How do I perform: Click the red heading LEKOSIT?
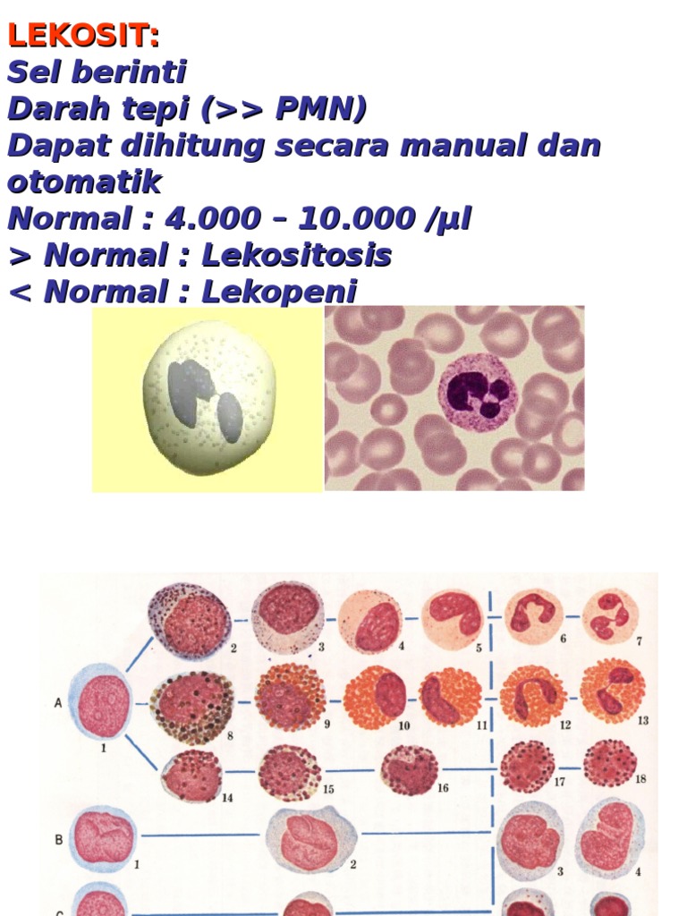tap(83, 36)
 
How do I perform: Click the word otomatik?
tap(84, 182)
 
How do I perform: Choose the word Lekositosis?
tap(296, 256)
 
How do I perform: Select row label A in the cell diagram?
tap(58, 703)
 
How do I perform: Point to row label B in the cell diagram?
tap(58, 840)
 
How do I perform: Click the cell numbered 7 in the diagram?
tap(611, 615)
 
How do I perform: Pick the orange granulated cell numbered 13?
tap(613, 691)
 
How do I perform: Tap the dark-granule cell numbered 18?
tap(610, 763)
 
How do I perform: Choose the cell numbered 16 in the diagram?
tap(409, 769)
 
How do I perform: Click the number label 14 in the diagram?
tap(227, 797)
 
